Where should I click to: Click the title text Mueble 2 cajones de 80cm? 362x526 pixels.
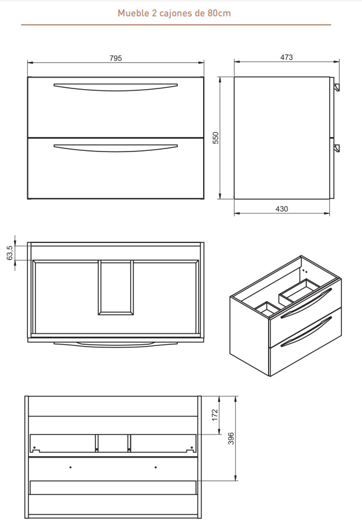(x=175, y=13)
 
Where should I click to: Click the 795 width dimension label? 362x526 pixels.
(x=116, y=58)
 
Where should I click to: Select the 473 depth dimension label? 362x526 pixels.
(x=287, y=58)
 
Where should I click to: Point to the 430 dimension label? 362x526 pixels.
(x=282, y=208)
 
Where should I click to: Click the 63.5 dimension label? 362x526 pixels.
(x=10, y=253)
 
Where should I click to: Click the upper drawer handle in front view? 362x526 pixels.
(x=115, y=87)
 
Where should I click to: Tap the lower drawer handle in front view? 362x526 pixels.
(x=115, y=147)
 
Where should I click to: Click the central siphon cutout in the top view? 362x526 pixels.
(x=115, y=287)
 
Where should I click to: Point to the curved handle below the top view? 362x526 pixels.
(x=115, y=344)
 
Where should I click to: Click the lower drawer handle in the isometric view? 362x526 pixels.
(x=307, y=331)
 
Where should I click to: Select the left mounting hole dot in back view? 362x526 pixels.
(x=71, y=467)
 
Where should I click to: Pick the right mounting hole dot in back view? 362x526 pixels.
(x=156, y=467)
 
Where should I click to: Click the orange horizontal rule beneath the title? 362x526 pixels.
(x=176, y=25)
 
